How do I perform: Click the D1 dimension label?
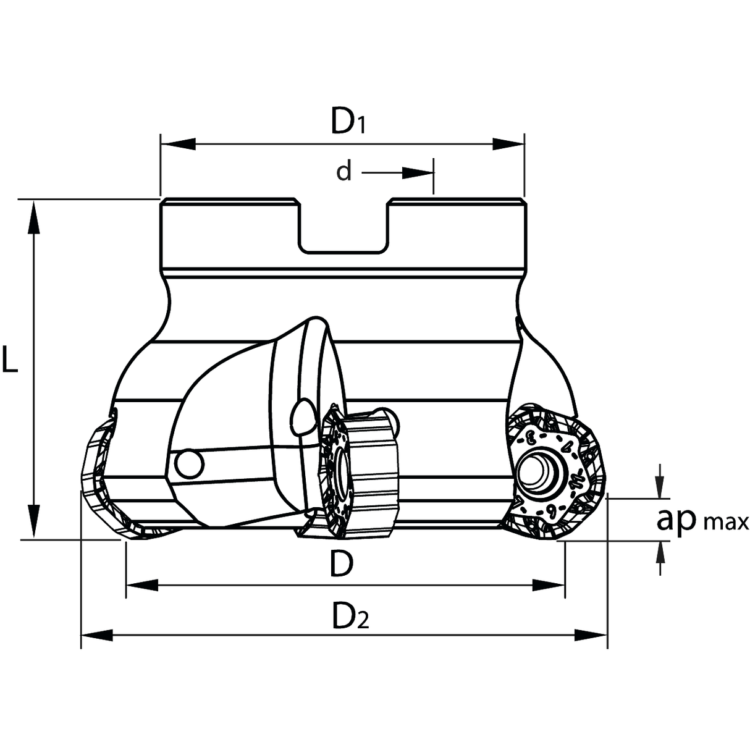coord(348,121)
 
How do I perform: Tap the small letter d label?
coord(344,172)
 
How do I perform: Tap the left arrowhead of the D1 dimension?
coord(178,144)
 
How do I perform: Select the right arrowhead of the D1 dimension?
coord(508,144)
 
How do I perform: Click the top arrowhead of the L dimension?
coord(34,217)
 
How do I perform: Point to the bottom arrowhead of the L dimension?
coord(34,521)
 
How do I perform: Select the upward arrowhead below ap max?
coord(659,552)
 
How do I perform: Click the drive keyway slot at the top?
coord(343,227)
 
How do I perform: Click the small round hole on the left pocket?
coord(190,465)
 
